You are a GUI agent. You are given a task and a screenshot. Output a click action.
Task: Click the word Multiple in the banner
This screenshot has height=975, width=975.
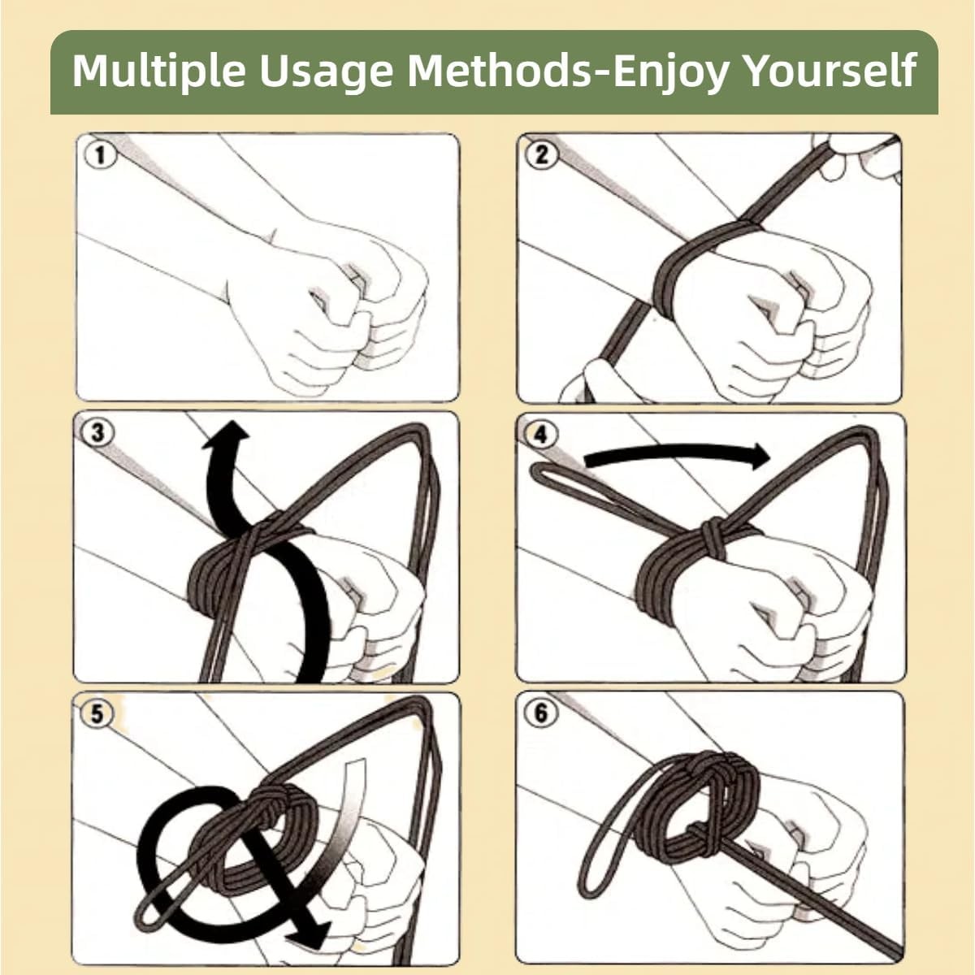click(x=158, y=71)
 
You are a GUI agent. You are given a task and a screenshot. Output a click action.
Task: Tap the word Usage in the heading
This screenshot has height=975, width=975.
click(x=326, y=71)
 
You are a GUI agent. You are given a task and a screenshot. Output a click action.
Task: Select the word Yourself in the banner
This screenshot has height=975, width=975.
click(x=831, y=71)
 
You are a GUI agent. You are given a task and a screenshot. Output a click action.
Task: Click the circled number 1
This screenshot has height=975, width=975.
click(x=100, y=155)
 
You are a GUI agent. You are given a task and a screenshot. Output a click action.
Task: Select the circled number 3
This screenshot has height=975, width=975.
click(x=97, y=432)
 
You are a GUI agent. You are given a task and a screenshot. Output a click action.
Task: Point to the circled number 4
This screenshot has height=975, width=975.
click(x=540, y=435)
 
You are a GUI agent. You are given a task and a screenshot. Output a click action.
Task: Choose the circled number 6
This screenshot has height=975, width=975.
click(x=540, y=713)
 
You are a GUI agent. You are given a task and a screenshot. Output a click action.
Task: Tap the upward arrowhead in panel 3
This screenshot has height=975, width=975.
click(x=226, y=435)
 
